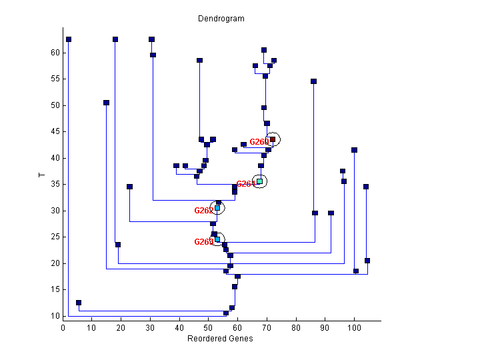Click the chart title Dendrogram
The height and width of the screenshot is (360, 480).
point(221,19)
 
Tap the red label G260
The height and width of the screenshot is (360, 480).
point(259,142)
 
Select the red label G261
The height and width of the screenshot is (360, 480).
point(245,184)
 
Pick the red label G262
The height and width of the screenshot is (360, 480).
point(203,211)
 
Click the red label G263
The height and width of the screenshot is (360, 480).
point(203,242)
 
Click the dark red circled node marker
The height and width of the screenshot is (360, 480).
point(273,139)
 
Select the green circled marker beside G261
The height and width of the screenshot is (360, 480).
point(260,181)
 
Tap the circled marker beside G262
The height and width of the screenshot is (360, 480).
point(217,208)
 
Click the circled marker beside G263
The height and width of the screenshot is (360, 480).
point(217,239)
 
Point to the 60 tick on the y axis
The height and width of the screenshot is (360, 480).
point(56,53)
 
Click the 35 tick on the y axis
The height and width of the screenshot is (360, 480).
point(56,184)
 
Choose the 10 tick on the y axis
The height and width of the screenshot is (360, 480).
point(56,316)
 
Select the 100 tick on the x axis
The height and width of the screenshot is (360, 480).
point(354,327)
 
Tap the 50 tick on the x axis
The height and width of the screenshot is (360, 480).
point(209,327)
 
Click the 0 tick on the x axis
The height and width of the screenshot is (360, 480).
point(63,327)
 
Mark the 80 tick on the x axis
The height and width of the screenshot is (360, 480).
point(296,327)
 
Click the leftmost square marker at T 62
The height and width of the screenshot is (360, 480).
point(69,39)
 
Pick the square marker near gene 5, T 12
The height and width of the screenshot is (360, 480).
point(79,303)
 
